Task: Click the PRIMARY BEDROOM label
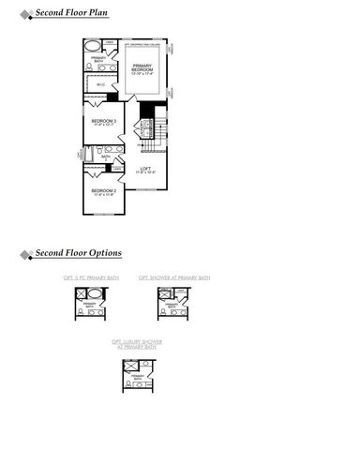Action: click(x=142, y=68)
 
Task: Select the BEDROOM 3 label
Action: click(x=103, y=122)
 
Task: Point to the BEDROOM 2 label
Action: click(x=103, y=191)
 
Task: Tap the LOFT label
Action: click(x=145, y=170)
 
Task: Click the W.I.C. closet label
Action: click(x=101, y=85)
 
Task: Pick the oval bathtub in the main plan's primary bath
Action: click(x=93, y=46)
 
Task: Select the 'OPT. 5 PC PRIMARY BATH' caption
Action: click(x=90, y=278)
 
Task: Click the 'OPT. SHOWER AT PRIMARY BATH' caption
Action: click(x=173, y=278)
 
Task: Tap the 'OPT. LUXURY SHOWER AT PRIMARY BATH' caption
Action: click(x=136, y=344)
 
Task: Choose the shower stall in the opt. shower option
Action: click(x=164, y=295)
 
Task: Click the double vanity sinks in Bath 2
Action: click(x=109, y=148)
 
